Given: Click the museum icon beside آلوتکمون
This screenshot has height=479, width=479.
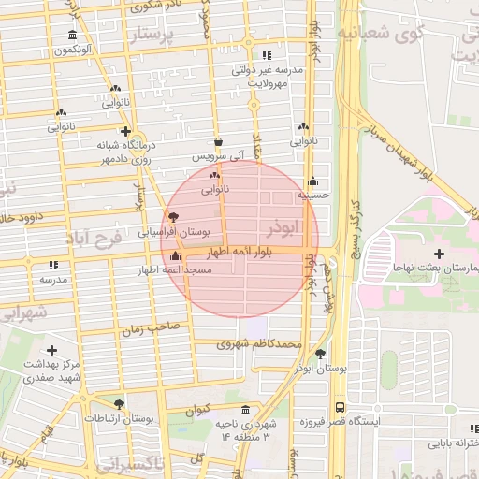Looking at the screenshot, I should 72,36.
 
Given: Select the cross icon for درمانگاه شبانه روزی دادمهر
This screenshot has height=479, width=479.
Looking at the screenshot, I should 125,132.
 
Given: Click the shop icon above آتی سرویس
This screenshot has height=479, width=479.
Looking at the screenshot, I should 218,142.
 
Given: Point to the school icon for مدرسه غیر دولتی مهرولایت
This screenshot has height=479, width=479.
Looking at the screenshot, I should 269,55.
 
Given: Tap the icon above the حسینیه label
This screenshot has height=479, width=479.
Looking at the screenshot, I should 312,181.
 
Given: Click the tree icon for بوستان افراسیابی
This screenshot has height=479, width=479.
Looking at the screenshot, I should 172,216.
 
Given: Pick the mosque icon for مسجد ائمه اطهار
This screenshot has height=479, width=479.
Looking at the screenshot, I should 176,256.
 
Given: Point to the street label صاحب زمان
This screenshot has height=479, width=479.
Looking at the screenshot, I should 149,328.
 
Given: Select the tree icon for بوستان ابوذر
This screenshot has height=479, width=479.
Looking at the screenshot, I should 322,354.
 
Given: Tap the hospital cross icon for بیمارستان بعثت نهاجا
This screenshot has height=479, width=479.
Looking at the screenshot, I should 439,254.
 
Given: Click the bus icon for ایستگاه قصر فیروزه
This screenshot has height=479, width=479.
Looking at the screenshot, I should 339,408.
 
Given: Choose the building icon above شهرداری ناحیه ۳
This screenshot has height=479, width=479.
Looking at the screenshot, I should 245,411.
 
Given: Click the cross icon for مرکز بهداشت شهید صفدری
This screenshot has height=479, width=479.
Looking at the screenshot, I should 51,349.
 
